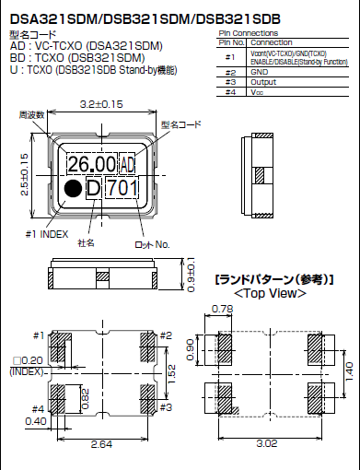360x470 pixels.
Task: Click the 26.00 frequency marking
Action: click(91, 164)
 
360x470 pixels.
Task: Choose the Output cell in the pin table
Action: click(265, 80)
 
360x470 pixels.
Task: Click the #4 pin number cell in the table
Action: click(230, 89)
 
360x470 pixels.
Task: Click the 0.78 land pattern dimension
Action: click(222, 309)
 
